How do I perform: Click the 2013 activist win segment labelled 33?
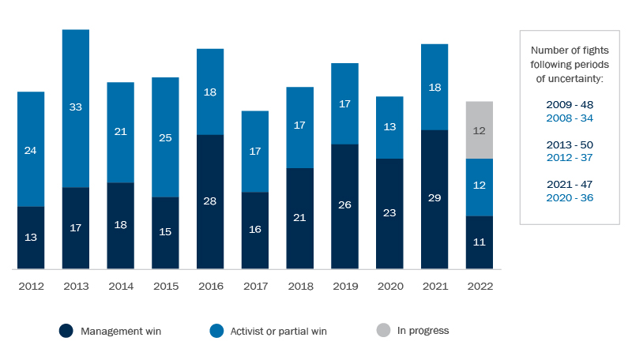tap(76, 108)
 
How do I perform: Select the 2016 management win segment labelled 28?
tap(210, 201)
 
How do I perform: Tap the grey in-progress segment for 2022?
tap(480, 130)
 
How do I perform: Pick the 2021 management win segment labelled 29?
tap(434, 199)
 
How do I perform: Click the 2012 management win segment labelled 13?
tap(31, 238)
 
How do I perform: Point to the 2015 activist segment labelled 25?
tap(165, 137)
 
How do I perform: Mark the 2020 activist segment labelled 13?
tap(389, 127)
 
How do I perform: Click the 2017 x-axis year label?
tap(255, 287)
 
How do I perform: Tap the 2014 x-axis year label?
tap(120, 287)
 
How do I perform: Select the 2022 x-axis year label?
tap(480, 287)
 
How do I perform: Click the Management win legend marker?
tap(66, 331)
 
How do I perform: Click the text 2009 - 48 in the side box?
tap(569, 104)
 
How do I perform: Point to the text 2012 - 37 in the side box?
tap(569, 158)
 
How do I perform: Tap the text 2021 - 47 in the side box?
tap(569, 185)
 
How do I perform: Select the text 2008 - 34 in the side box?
tap(569, 118)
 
